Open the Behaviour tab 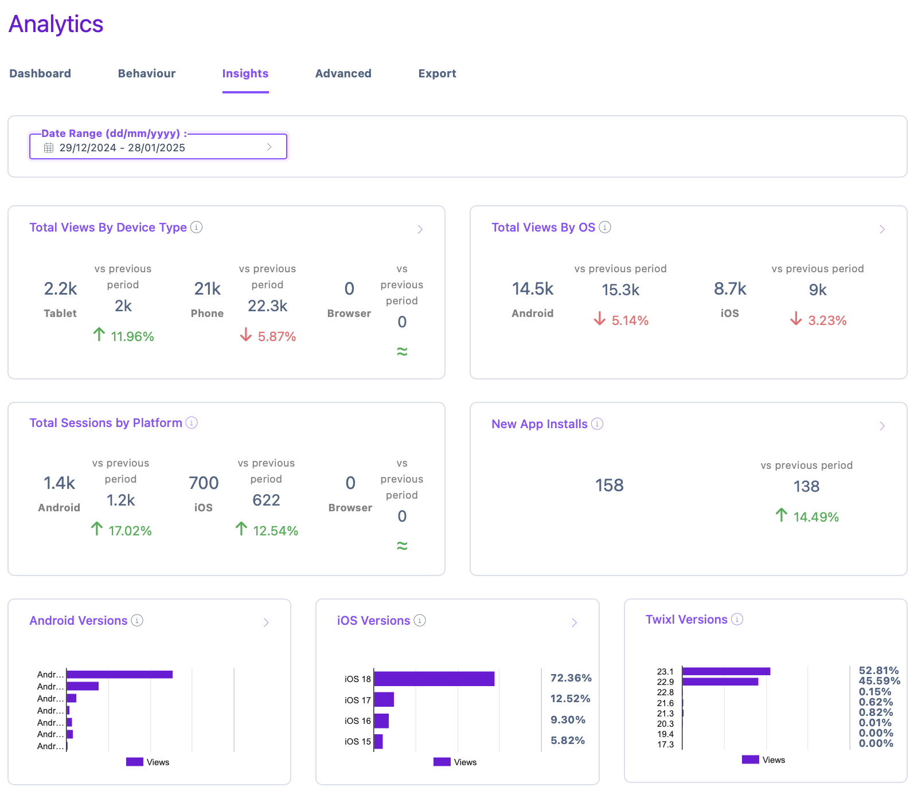pyautogui.click(x=147, y=73)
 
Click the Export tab pyautogui.click(x=437, y=73)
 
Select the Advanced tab pyautogui.click(x=343, y=73)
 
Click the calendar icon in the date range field pyautogui.click(x=49, y=148)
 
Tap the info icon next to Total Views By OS pyautogui.click(x=605, y=228)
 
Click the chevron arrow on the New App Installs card pyautogui.click(x=882, y=426)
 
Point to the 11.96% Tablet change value pyautogui.click(x=132, y=336)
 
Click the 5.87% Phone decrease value pyautogui.click(x=277, y=336)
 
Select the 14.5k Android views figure pyautogui.click(x=533, y=289)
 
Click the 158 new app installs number pyautogui.click(x=610, y=485)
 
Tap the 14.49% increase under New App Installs pyautogui.click(x=816, y=517)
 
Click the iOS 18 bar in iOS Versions pyautogui.click(x=434, y=679)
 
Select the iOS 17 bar pyautogui.click(x=384, y=699)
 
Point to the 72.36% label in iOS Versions pyautogui.click(x=571, y=678)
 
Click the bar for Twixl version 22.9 pyautogui.click(x=720, y=682)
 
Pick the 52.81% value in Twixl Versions pyautogui.click(x=878, y=671)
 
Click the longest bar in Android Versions pyautogui.click(x=120, y=675)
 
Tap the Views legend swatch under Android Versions pyautogui.click(x=135, y=762)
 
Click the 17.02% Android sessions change pyautogui.click(x=130, y=531)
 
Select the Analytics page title pyautogui.click(x=56, y=24)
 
